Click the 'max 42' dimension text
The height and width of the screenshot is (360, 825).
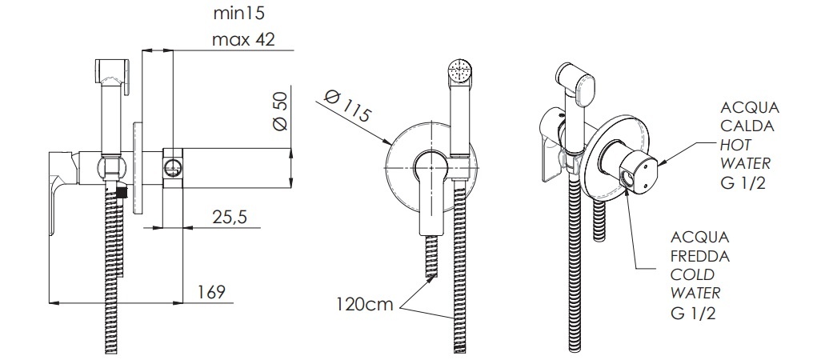(243, 39)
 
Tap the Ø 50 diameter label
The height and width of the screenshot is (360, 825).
(281, 111)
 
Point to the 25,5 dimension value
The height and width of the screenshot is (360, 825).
(230, 216)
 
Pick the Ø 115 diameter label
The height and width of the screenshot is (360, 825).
(347, 106)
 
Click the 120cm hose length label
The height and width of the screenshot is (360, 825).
(365, 304)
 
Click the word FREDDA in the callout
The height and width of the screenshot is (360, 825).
(700, 256)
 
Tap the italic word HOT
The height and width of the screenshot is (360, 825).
(736, 145)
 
